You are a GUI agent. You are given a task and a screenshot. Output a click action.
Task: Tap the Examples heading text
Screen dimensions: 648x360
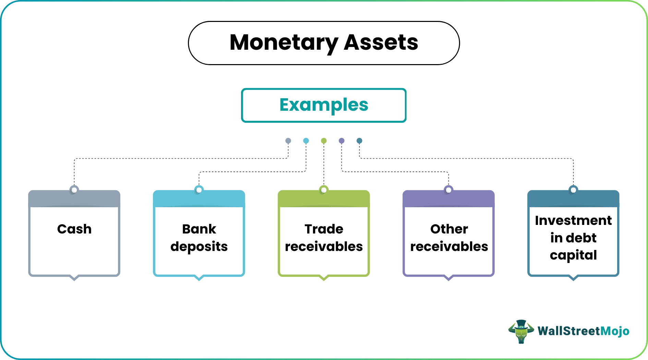324,105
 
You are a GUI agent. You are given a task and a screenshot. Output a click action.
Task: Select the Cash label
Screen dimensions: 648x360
74,229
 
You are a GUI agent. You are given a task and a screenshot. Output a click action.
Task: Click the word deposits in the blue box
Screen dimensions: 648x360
199,247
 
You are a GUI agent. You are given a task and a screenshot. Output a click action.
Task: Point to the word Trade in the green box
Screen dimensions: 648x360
324,229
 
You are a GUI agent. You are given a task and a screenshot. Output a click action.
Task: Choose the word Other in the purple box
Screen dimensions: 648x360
449,229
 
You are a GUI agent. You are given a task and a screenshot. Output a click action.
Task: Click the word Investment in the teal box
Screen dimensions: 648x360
573,220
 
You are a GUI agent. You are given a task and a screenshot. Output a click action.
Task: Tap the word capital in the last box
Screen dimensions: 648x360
573,255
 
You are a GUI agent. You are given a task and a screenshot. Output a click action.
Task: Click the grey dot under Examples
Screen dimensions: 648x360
288,141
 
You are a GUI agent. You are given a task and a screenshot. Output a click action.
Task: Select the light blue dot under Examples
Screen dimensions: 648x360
306,141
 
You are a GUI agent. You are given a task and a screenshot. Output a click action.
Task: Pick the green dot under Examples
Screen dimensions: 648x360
324,141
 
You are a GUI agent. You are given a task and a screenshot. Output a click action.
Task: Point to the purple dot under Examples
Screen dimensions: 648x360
341,141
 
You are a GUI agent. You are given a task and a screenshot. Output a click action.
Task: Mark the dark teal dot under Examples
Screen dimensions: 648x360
359,141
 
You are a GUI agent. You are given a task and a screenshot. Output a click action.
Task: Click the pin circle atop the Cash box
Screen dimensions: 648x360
74,190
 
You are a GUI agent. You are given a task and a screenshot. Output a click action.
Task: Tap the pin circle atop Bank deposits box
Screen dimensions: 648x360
199,190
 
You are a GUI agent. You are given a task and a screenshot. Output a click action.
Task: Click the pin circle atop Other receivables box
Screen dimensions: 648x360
448,190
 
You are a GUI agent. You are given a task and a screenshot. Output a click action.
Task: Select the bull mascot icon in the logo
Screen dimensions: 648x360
521,331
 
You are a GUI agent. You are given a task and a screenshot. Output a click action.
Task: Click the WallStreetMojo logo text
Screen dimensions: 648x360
583,331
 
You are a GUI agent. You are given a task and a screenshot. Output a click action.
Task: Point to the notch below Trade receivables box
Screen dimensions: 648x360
324,278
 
